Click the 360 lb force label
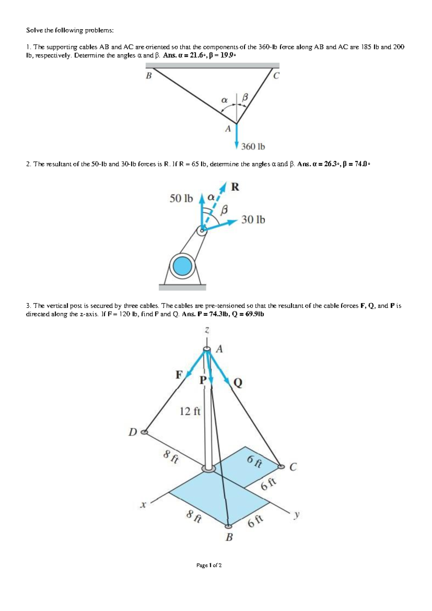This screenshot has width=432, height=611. click(253, 147)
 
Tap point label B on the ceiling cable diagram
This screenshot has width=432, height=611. click(148, 76)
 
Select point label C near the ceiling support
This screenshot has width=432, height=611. click(276, 76)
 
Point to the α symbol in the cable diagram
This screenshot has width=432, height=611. click(224, 99)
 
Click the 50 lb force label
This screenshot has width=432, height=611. click(181, 199)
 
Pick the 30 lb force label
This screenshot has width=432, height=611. click(253, 219)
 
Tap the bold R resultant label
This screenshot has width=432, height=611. click(235, 187)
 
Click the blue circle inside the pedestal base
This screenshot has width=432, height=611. click(183, 267)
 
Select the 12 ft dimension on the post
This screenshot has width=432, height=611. click(190, 411)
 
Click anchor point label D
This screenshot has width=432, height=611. click(133, 432)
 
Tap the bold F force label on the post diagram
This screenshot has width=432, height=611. click(179, 375)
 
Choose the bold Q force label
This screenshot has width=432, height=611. click(238, 383)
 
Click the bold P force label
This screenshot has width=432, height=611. click(203, 380)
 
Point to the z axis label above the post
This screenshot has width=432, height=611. click(207, 330)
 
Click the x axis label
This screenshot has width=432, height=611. click(143, 505)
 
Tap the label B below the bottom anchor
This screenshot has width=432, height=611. click(229, 538)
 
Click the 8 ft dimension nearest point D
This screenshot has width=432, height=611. click(171, 458)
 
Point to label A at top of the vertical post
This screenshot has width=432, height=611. click(220, 349)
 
